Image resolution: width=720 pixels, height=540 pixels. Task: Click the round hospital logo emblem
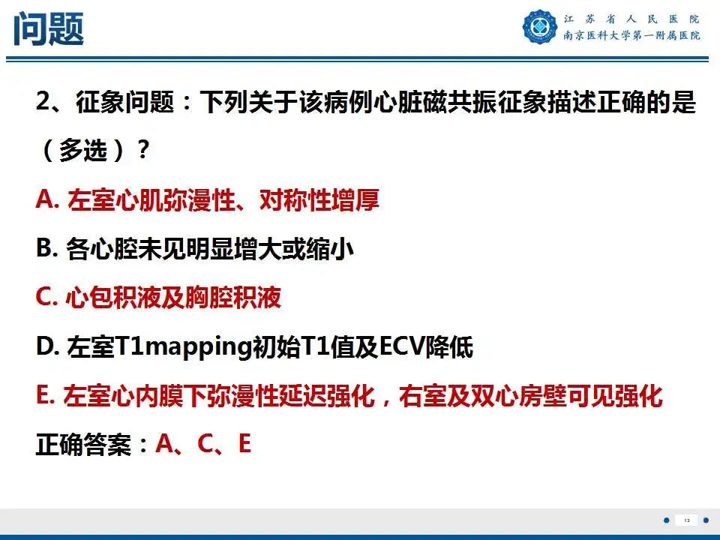(x=540, y=27)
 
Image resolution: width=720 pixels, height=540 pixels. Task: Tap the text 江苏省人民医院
(x=631, y=19)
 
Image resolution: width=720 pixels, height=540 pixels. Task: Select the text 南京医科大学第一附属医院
(x=631, y=36)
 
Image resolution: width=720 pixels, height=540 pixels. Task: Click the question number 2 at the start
(x=43, y=103)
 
